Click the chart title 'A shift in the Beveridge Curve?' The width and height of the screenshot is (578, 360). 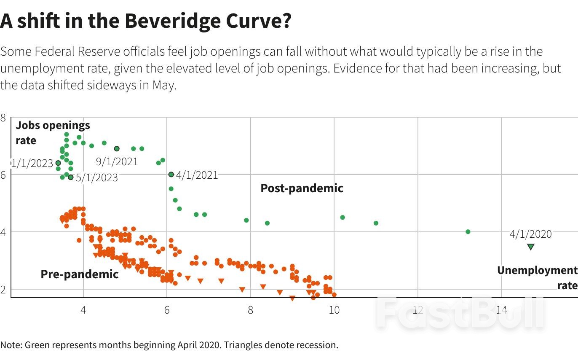pyautogui.click(x=145, y=21)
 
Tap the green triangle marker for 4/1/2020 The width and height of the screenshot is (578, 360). pyautogui.click(x=530, y=247)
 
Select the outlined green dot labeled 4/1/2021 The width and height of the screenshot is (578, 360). pyautogui.click(x=171, y=175)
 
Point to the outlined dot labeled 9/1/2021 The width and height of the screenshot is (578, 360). pyautogui.click(x=117, y=148)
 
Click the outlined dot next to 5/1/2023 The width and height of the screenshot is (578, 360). pyautogui.click(x=71, y=177)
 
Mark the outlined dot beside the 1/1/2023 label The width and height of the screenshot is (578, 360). pyautogui.click(x=58, y=163)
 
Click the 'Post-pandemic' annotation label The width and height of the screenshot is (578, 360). pyautogui.click(x=302, y=188)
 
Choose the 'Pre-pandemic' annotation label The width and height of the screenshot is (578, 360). pyautogui.click(x=80, y=274)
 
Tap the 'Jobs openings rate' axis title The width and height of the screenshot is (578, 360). pyautogui.click(x=53, y=133)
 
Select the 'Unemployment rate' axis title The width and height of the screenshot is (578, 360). pyautogui.click(x=537, y=278)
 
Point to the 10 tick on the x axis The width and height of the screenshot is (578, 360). pyautogui.click(x=334, y=310)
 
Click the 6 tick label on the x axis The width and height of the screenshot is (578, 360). pyautogui.click(x=167, y=310)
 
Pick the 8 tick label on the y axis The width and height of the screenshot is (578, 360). pyautogui.click(x=3, y=118)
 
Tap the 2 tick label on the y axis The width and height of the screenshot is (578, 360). pyautogui.click(x=3, y=290)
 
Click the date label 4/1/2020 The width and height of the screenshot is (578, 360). pyautogui.click(x=530, y=234)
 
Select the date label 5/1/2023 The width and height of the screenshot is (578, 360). pyautogui.click(x=97, y=177)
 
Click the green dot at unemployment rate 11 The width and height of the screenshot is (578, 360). pyautogui.click(x=376, y=223)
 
